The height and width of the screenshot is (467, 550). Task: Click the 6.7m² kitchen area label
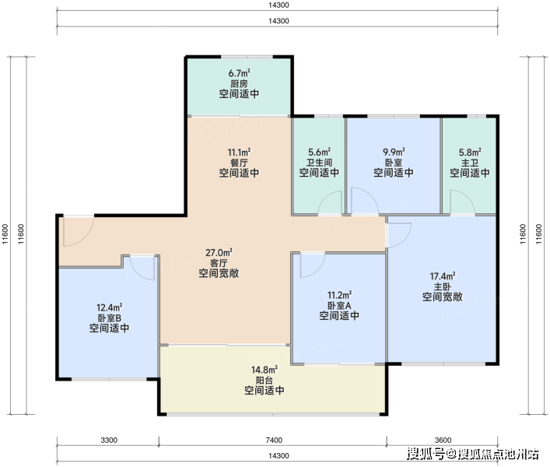tap(240, 73)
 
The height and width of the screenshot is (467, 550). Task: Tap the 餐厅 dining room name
tap(240, 163)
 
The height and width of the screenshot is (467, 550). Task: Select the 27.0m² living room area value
tap(219, 253)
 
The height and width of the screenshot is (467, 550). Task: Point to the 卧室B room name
tap(110, 318)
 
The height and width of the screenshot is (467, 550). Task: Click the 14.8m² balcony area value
tap(264, 370)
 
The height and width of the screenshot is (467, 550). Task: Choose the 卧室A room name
tap(339, 305)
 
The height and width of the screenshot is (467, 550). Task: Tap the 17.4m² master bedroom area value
tap(443, 276)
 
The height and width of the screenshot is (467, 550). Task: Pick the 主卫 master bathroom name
tap(470, 163)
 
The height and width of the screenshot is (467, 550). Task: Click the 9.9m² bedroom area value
tap(394, 153)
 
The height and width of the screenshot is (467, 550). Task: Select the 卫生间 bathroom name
tap(319, 163)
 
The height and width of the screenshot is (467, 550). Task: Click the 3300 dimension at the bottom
tap(109, 440)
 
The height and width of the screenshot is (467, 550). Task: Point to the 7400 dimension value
tap(274, 440)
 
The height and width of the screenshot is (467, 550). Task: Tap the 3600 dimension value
tap(443, 440)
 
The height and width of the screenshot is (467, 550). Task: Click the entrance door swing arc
tap(86, 238)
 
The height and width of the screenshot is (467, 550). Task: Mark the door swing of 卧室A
tap(317, 270)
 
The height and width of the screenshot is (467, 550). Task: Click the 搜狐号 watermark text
tap(425, 454)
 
